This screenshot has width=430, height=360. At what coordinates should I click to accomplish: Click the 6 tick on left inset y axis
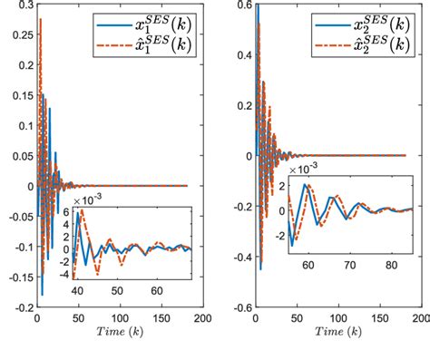pyautogui.click(x=64, y=212)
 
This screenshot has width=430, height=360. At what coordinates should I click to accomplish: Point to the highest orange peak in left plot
pyautogui.click(x=40, y=19)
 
